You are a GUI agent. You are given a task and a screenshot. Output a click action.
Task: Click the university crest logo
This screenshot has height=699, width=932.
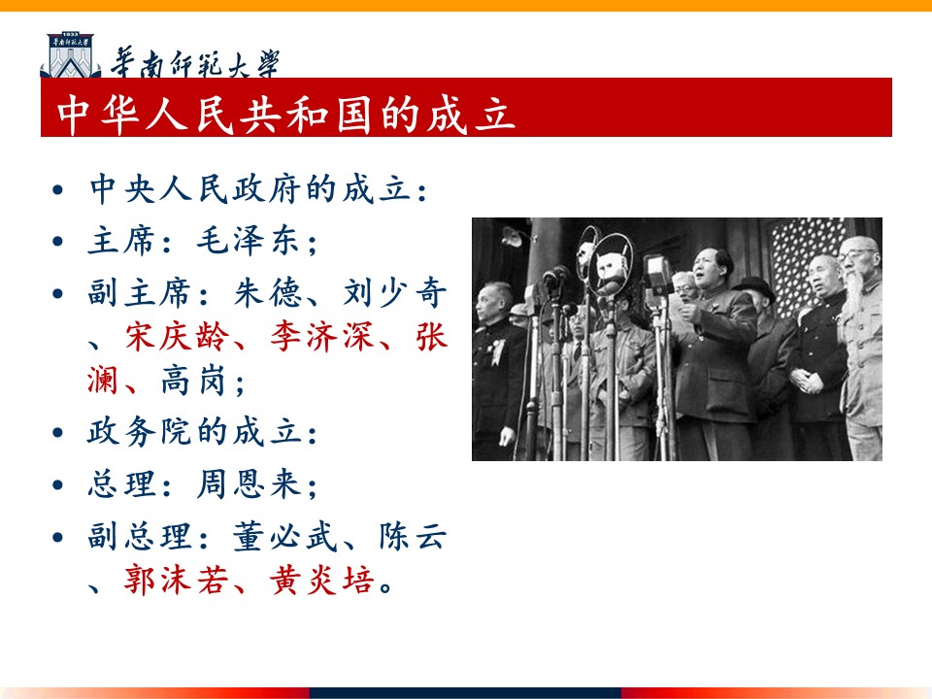tap(70, 55)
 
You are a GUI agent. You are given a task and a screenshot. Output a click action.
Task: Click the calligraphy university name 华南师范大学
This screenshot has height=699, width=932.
tap(195, 63)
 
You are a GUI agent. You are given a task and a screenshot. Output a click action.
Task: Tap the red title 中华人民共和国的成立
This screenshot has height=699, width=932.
tap(285, 114)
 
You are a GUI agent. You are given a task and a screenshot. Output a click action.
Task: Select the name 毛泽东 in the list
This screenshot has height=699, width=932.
tap(248, 241)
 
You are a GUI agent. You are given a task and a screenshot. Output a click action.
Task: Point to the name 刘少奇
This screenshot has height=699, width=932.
tap(395, 292)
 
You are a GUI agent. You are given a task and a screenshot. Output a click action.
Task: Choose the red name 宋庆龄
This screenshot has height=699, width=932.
tap(177, 337)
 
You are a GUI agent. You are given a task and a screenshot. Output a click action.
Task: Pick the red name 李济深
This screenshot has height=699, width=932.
tap(321, 337)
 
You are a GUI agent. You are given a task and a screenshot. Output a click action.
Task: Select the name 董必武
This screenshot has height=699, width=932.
tap(284, 536)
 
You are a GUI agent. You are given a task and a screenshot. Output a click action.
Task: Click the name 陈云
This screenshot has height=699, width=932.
tap(413, 536)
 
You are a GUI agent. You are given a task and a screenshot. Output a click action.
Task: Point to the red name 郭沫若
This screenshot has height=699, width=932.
tap(176, 581)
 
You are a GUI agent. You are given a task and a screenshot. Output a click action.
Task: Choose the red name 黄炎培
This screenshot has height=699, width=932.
tap(321, 581)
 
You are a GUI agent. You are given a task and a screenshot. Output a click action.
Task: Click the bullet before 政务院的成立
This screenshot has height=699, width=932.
tap(57, 433)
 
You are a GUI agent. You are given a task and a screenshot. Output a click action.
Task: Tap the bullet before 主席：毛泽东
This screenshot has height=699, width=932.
tap(57, 242)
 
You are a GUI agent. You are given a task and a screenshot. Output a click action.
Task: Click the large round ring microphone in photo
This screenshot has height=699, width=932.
tap(611, 262)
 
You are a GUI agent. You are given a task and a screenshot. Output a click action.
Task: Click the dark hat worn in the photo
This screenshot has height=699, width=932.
tap(754, 286)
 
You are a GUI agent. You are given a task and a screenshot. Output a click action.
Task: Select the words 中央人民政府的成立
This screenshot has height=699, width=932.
tap(250, 189)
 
